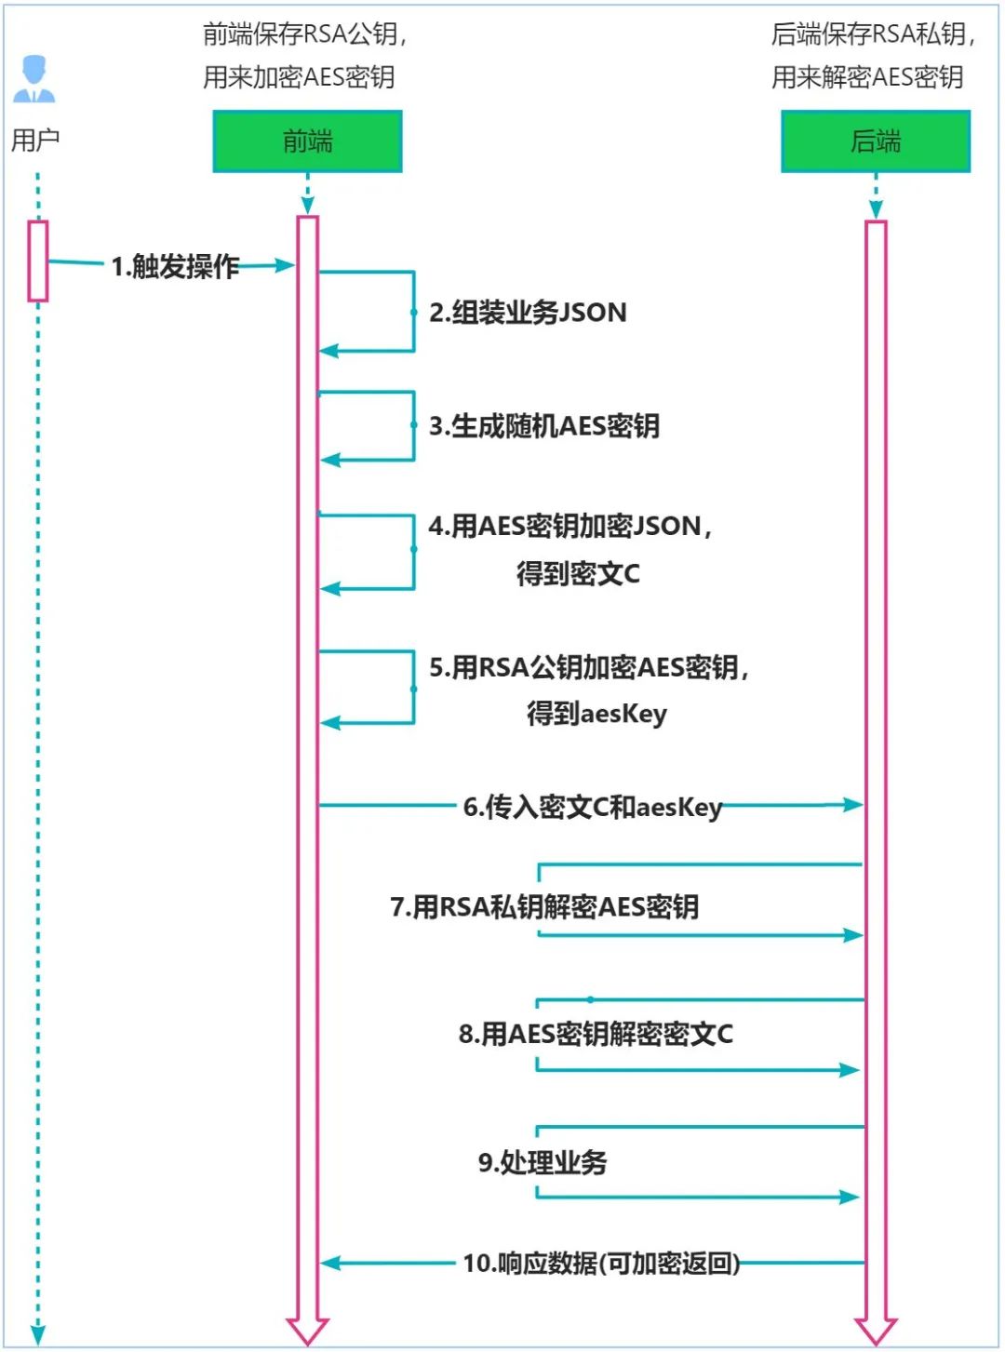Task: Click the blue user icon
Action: (34, 79)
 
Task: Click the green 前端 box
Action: (307, 141)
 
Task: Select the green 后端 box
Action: (875, 141)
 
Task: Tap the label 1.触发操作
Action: (176, 267)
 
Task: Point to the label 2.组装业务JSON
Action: (528, 313)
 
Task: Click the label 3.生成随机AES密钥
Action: (544, 426)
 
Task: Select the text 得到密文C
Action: (578, 573)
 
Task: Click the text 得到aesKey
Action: (596, 714)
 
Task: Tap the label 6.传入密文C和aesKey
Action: (593, 807)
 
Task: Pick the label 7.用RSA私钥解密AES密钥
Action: (544, 906)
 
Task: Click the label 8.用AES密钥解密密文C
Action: (596, 1034)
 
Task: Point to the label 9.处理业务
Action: (543, 1162)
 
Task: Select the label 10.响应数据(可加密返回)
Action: (601, 1264)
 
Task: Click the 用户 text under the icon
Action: (35, 141)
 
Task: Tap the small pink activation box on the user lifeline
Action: (38, 261)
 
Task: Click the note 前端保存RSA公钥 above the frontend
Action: (305, 35)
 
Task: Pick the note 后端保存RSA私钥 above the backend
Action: (873, 35)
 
